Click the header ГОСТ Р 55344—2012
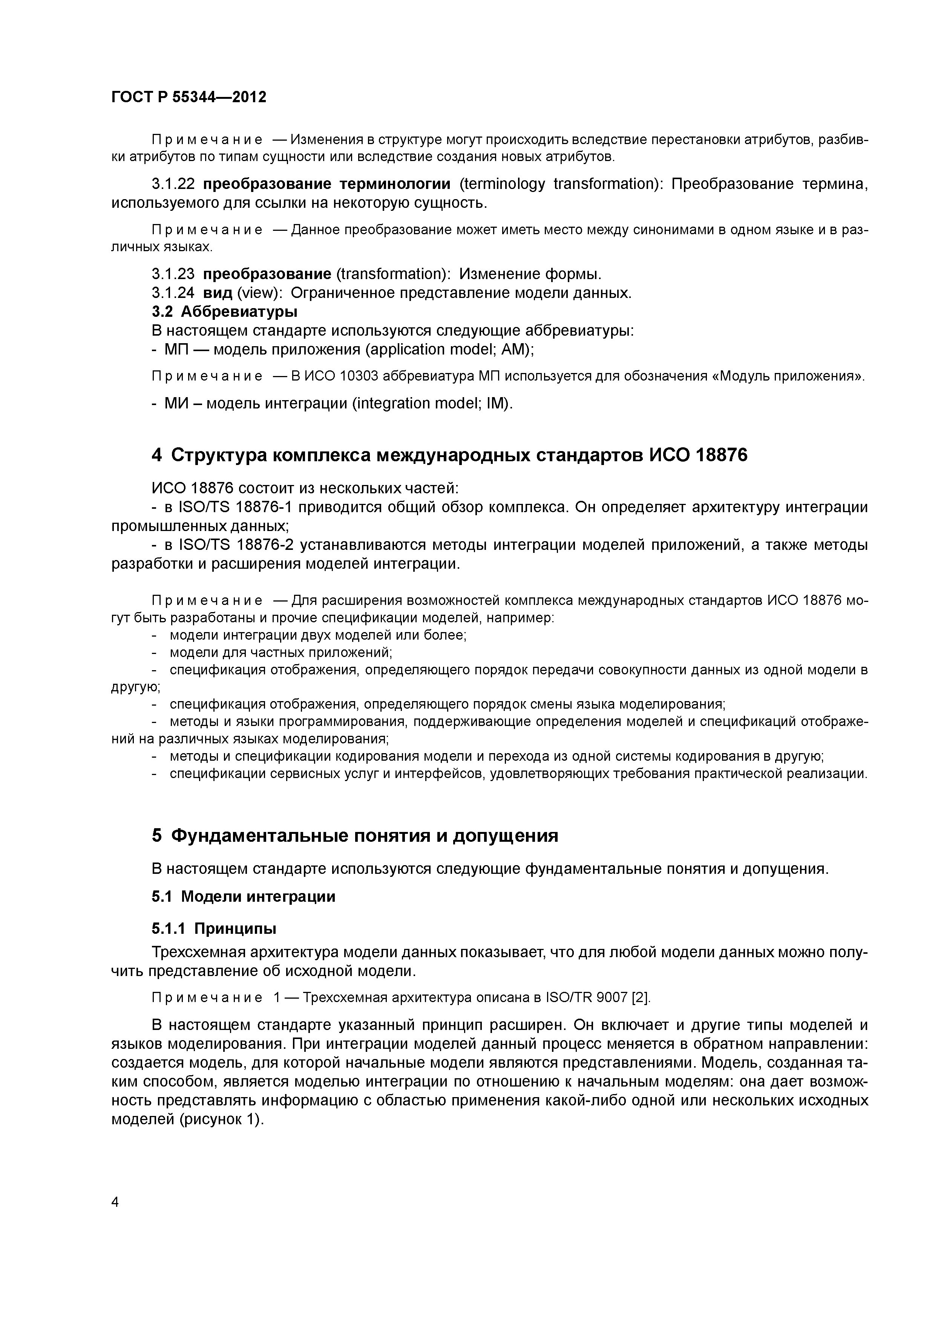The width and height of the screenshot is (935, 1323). tap(189, 97)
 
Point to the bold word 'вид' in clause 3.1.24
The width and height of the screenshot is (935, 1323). tap(218, 293)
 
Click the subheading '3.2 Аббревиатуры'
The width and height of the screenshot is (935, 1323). tap(225, 312)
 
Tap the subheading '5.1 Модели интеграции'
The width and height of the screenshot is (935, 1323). tap(243, 896)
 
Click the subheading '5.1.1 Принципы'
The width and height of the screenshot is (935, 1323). tap(214, 929)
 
